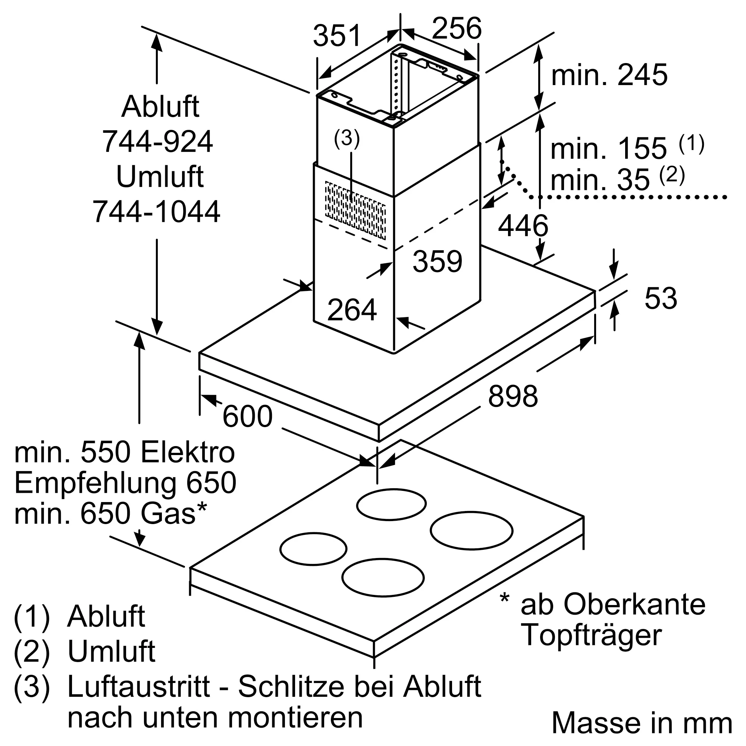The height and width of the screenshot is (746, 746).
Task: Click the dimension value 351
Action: [x=337, y=35]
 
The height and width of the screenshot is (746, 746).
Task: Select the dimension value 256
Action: [x=457, y=28]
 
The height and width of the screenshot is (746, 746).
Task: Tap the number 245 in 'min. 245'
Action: [x=643, y=75]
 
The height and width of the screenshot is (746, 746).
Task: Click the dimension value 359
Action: [x=438, y=261]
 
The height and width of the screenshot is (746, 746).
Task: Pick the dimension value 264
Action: [x=352, y=310]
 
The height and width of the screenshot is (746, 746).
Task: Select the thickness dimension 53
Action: [x=661, y=298]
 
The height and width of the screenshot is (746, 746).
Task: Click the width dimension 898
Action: [x=513, y=396]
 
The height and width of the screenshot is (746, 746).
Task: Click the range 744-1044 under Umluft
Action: [x=156, y=211]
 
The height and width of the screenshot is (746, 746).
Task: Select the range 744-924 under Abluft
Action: [x=157, y=142]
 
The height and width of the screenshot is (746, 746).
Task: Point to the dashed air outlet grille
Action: [x=355, y=210]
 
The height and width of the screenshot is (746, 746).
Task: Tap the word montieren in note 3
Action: [x=295, y=717]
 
